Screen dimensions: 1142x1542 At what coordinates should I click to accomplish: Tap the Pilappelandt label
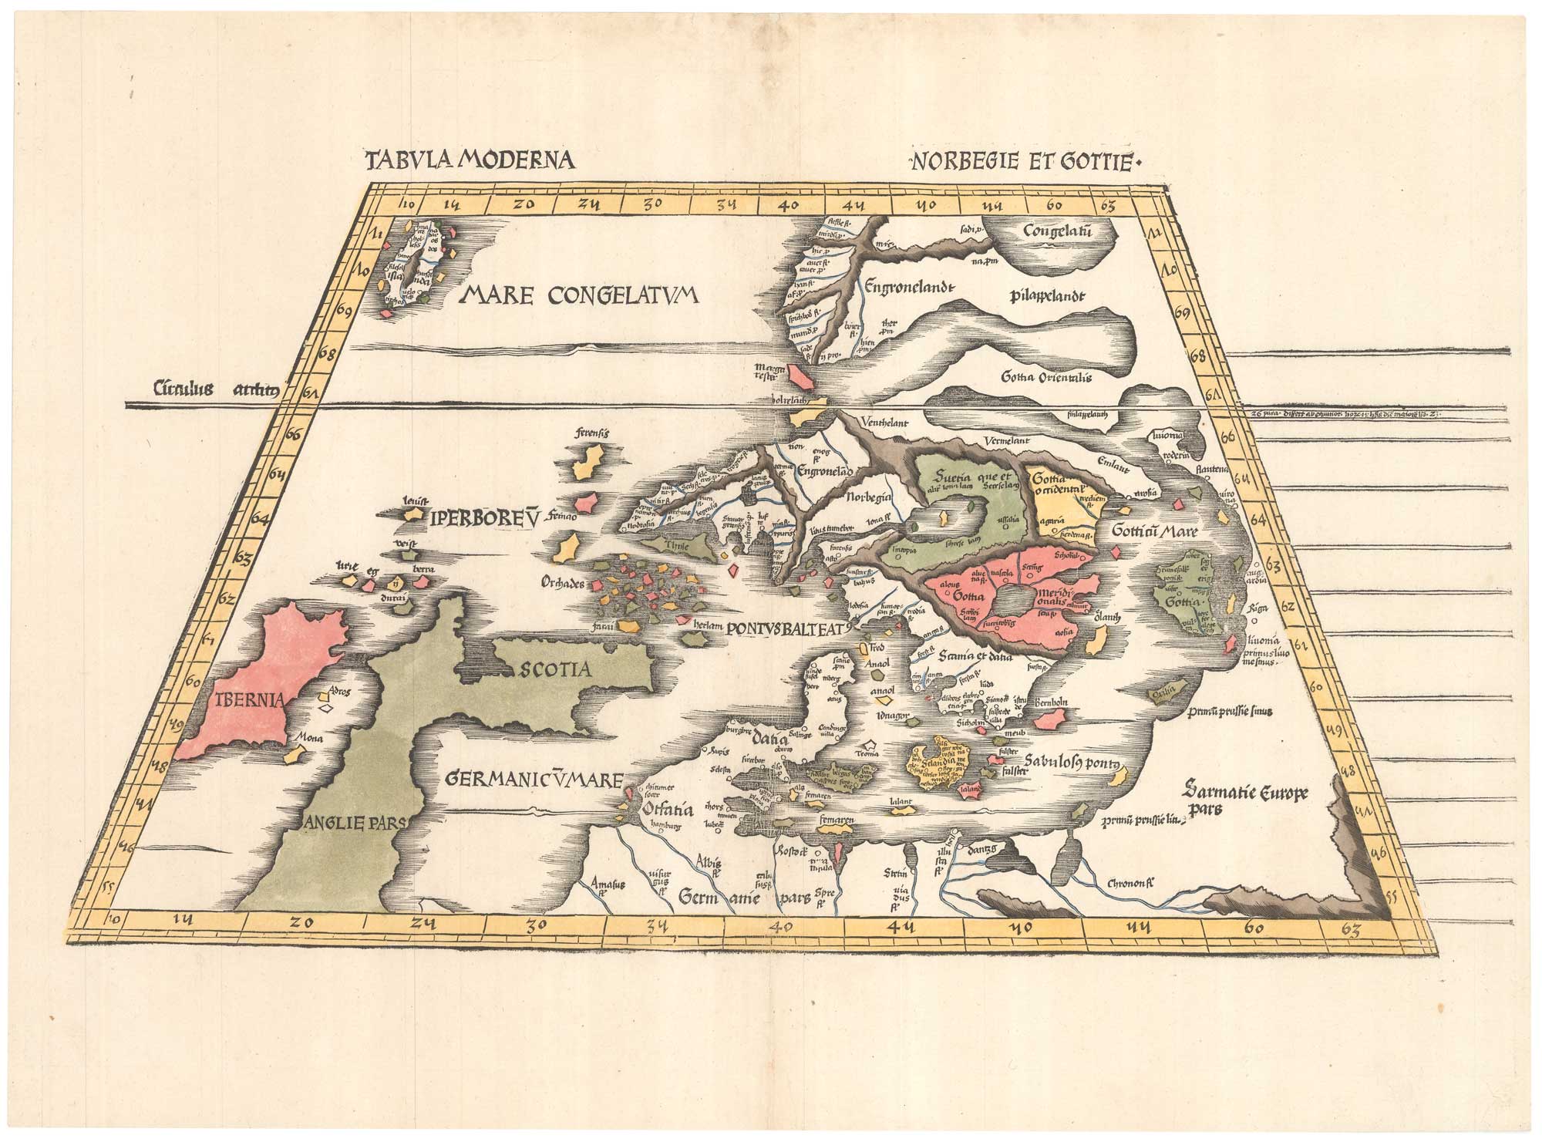1046,295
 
